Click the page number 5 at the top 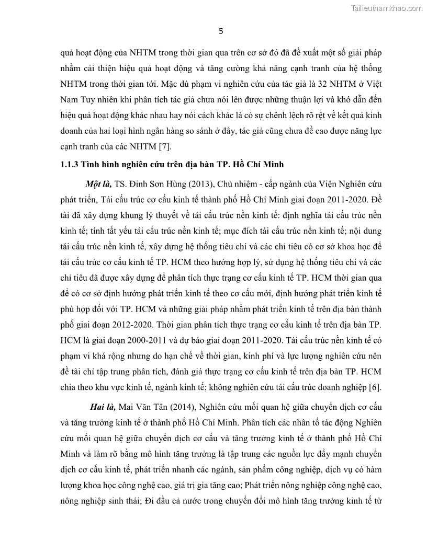point(220,31)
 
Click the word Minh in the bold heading point(272,165)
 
